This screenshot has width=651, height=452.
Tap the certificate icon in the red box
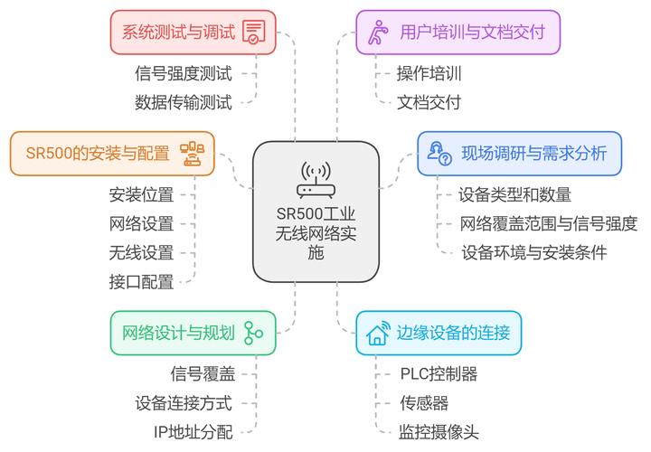point(253,33)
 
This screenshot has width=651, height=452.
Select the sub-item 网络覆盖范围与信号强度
point(549,223)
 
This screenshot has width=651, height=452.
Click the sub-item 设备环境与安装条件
point(533,252)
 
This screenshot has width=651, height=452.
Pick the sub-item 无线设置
point(141,252)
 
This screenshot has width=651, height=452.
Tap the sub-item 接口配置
point(141,281)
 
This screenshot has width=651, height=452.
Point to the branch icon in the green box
point(252,333)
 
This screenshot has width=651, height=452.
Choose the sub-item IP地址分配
point(193,432)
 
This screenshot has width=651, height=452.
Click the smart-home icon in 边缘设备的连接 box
point(377,333)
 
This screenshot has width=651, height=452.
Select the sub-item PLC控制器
point(439,373)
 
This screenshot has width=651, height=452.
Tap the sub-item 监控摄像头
point(439,431)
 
